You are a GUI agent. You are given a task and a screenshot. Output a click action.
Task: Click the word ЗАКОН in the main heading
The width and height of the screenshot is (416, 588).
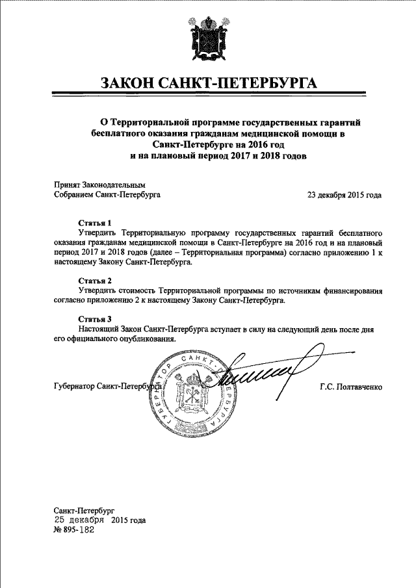[x=133, y=84]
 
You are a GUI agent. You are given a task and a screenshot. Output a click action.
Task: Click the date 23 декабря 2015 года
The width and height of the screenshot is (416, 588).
[x=344, y=194]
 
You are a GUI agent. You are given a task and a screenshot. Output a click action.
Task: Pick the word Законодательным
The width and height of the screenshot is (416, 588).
[x=114, y=184]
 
